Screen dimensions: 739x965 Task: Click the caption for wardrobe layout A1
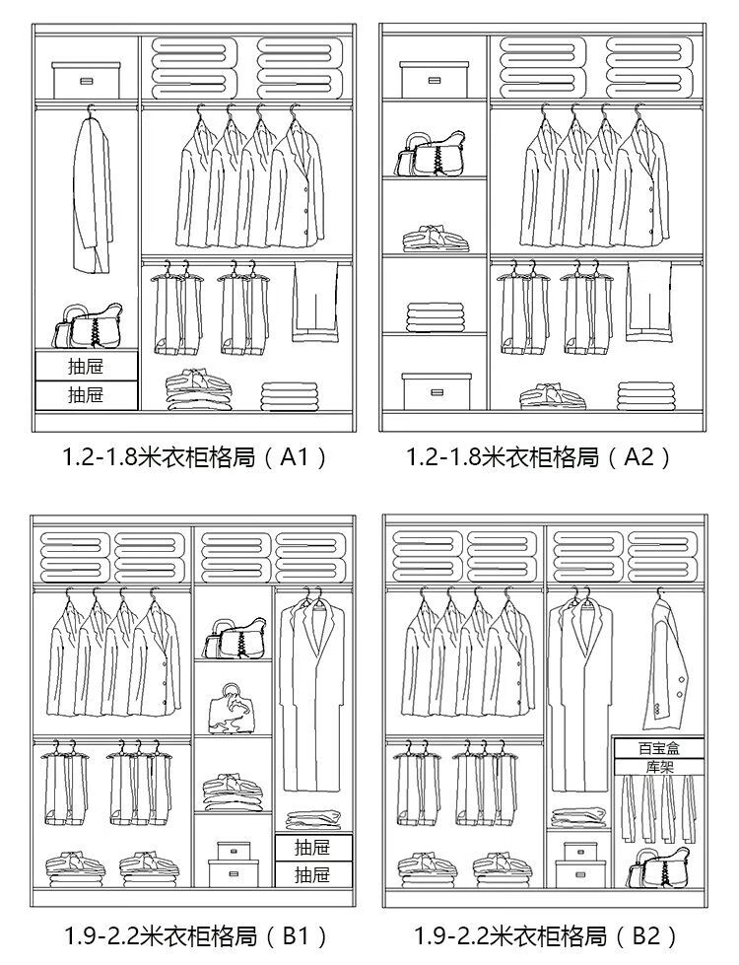(193, 457)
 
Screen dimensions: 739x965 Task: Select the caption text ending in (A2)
(539, 457)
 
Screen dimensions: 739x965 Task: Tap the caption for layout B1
(195, 934)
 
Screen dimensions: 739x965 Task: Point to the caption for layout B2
(545, 934)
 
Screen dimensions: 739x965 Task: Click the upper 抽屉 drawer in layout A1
(86, 367)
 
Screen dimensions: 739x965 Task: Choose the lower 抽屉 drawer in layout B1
(312, 873)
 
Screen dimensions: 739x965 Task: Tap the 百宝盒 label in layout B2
(658, 748)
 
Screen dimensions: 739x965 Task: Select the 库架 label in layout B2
(658, 765)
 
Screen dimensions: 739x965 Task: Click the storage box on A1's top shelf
(87, 80)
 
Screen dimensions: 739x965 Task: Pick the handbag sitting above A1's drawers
(88, 326)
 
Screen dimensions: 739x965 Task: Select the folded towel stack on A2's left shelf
(434, 316)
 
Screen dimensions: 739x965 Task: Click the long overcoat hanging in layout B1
(314, 695)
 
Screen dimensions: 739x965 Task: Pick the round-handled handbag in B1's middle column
(233, 710)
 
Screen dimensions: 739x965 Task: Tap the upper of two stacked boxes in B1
(234, 849)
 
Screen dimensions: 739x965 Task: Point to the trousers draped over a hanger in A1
(315, 300)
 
